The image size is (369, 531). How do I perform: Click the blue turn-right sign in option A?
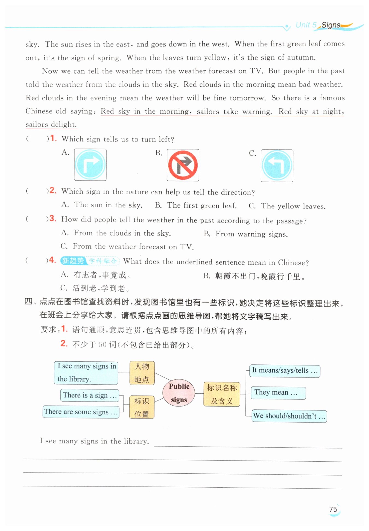point(90,165)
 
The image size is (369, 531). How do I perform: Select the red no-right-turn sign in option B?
point(183,165)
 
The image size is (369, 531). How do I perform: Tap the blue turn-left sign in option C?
point(277,166)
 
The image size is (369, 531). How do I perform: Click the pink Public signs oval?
point(179,393)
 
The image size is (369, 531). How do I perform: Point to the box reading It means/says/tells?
point(285,371)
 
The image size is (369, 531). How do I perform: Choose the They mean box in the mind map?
point(278,393)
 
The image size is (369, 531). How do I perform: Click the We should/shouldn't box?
point(289,416)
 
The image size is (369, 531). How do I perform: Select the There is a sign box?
point(90,395)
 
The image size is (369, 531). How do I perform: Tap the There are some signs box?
point(81,412)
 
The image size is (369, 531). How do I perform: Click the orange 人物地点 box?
point(142,373)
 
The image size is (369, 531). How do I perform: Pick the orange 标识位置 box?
point(142,407)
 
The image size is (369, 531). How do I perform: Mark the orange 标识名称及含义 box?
point(222,394)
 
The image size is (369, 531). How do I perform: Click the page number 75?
point(333,509)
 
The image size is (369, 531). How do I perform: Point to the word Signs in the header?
point(331,25)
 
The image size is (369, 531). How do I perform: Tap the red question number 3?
point(52,219)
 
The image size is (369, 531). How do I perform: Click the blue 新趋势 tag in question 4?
point(73,261)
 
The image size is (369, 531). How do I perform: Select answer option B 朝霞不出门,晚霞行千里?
point(260,276)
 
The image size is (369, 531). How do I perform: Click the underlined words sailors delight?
point(51,125)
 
